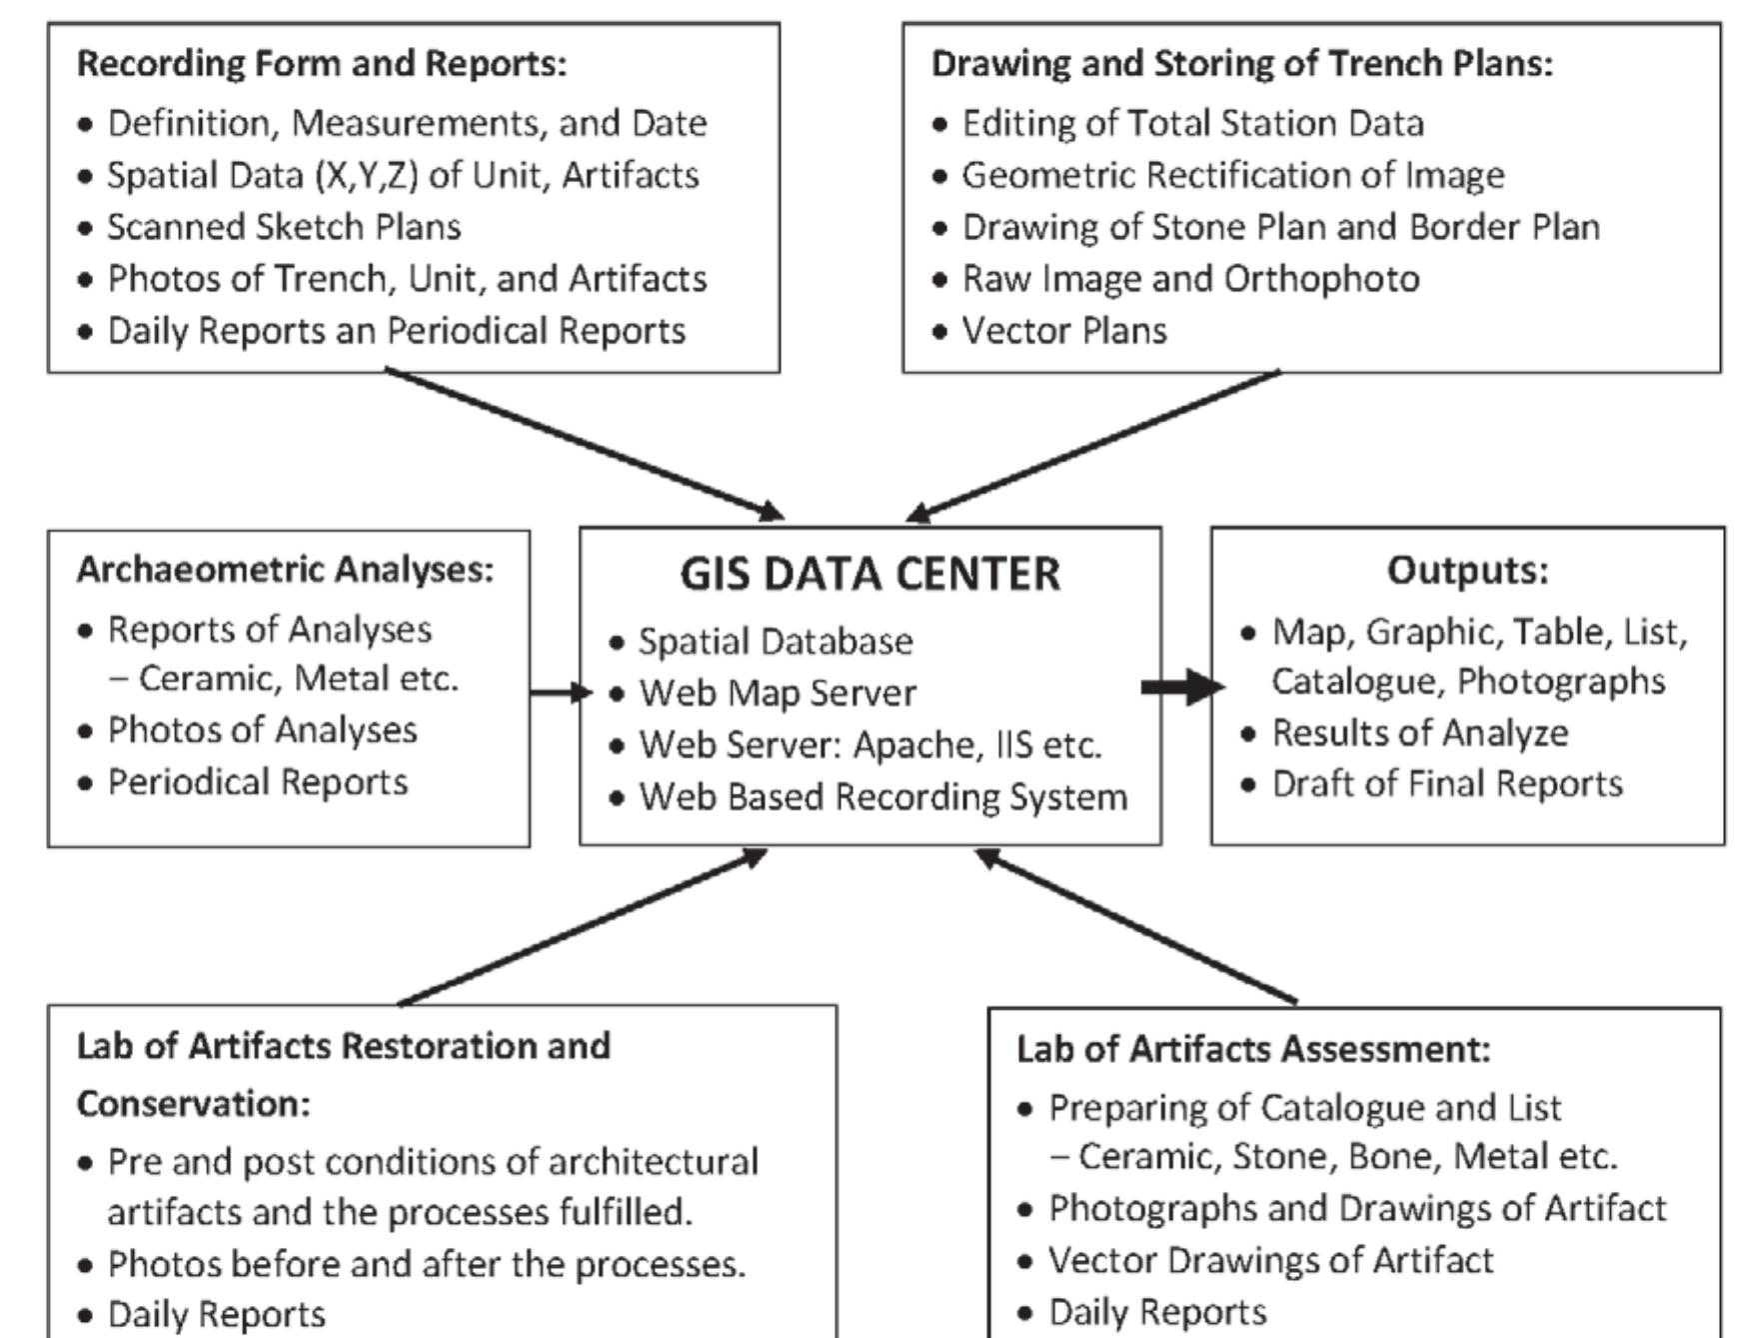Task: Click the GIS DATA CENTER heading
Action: (870, 574)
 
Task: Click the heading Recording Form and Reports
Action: (321, 63)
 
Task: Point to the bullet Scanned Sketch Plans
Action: (284, 227)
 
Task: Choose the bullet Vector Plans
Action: (1063, 331)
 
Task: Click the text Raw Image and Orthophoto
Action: (1189, 279)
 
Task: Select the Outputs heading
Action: (1466, 570)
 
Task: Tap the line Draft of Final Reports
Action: (1446, 784)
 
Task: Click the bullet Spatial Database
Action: (775, 642)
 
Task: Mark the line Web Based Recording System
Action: (882, 797)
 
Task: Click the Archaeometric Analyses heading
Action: (285, 570)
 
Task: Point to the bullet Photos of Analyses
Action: (262, 730)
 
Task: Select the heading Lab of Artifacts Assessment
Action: (1253, 1049)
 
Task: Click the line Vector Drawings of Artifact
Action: (1269, 1260)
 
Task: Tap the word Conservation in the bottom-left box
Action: (193, 1104)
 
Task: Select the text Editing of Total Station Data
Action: (1192, 124)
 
